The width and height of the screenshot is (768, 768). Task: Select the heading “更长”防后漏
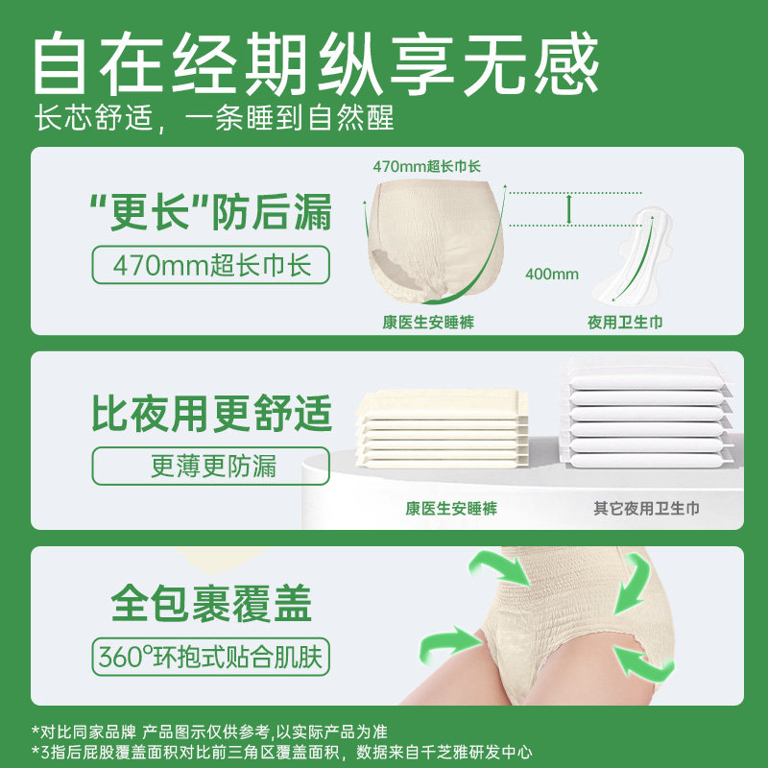[210, 212]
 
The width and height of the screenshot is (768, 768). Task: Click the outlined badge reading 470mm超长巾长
[210, 263]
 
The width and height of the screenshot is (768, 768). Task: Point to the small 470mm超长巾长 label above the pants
[427, 166]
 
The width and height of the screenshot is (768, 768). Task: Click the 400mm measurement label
[552, 274]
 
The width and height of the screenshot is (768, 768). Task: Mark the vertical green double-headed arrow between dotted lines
[569, 207]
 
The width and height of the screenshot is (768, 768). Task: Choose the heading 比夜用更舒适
[212, 414]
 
